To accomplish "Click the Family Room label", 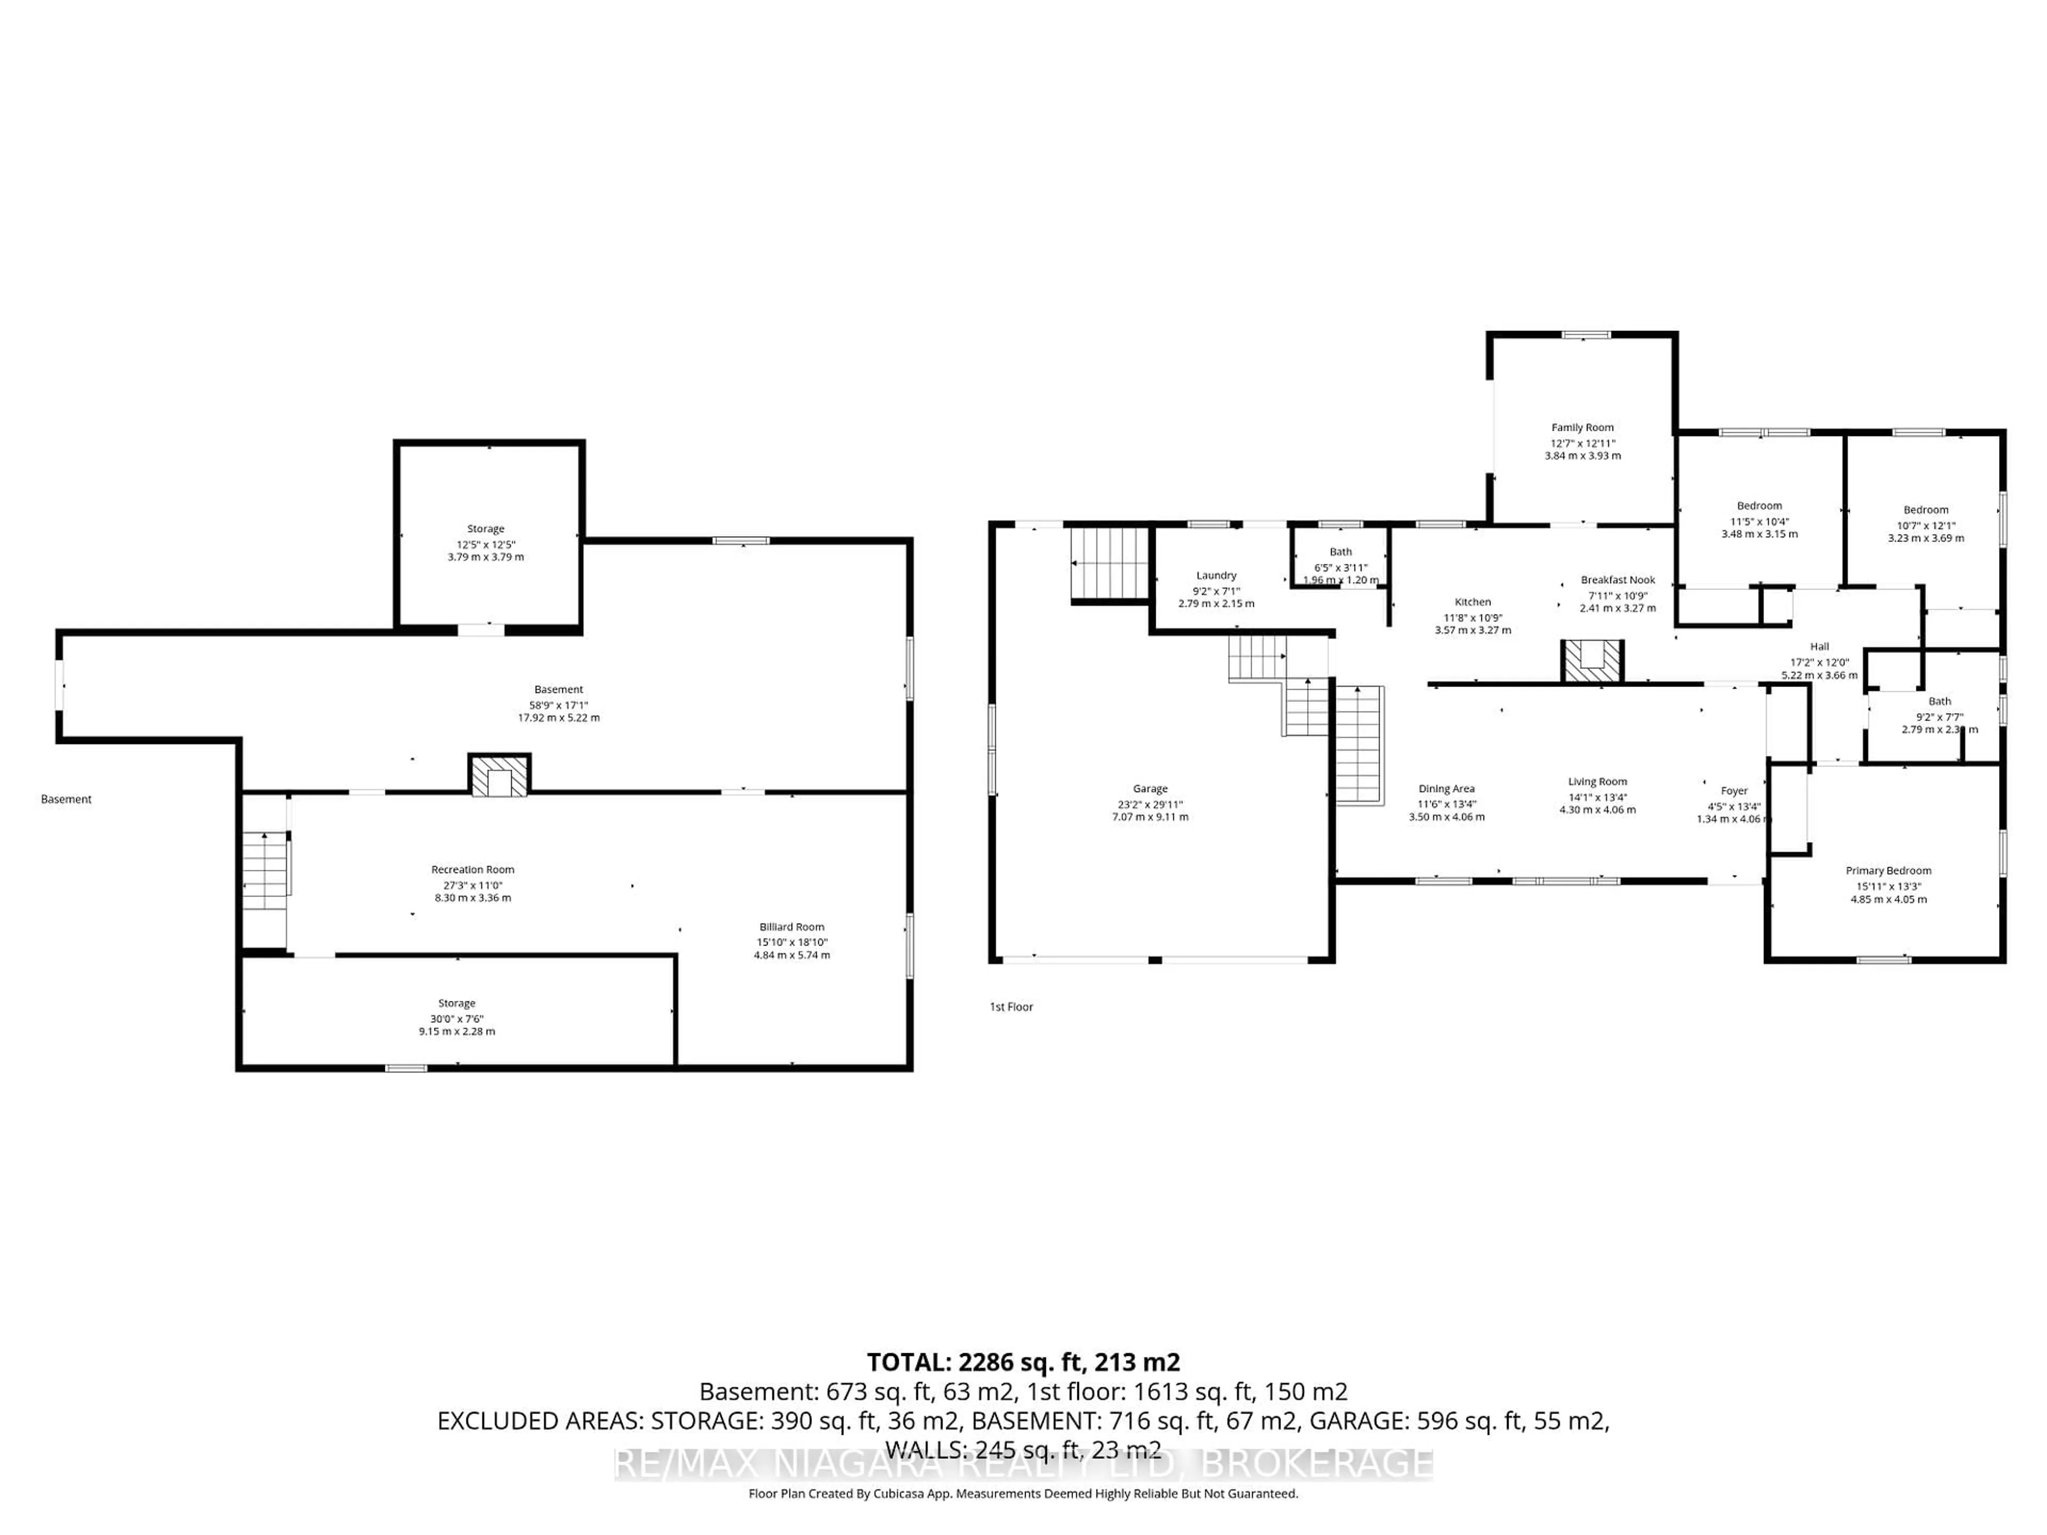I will (1583, 427).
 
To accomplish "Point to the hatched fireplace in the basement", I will (499, 775).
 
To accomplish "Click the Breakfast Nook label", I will (1618, 580).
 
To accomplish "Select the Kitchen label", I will (1472, 601).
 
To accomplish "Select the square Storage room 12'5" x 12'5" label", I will (485, 528).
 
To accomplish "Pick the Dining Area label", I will (1446, 788).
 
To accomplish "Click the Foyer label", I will (1734, 790).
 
